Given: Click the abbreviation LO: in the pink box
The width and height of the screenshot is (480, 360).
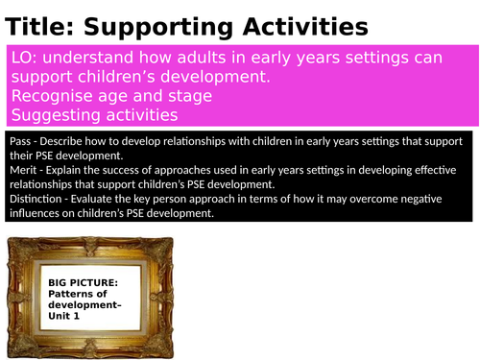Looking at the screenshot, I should click(x=26, y=59).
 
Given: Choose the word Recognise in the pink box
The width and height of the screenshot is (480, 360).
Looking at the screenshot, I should click(x=50, y=97).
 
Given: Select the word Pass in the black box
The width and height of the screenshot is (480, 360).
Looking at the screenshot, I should click(x=20, y=140).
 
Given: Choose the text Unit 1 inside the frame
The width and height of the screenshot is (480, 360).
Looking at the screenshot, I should click(x=63, y=315).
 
